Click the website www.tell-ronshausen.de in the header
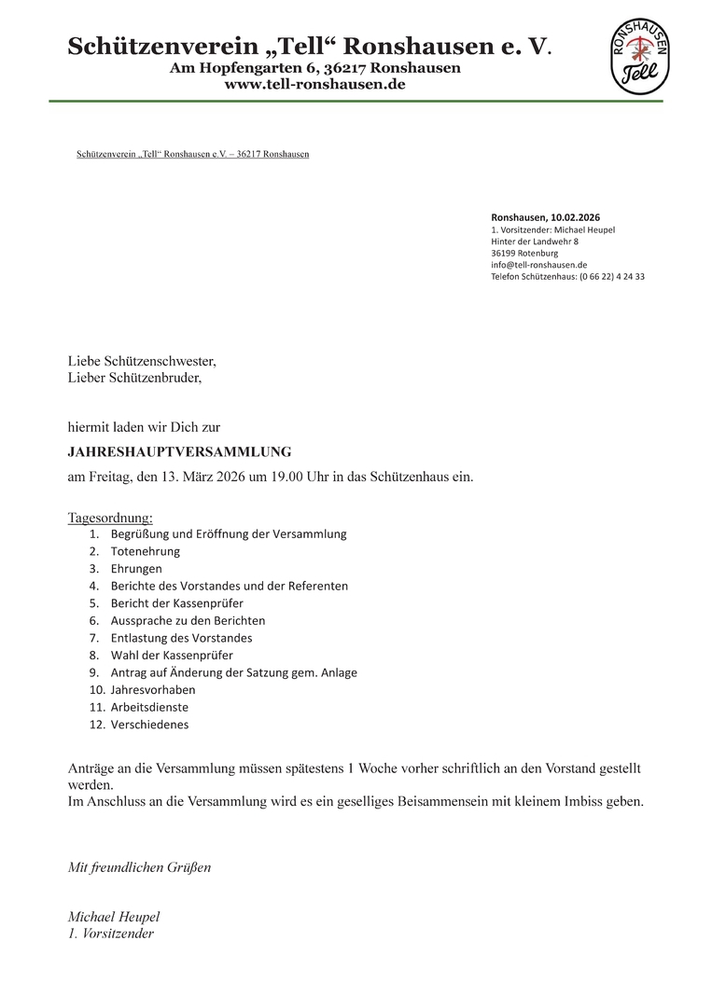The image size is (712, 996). (x=314, y=84)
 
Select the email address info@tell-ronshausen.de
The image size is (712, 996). (x=538, y=265)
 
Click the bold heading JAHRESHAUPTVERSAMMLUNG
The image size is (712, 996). (x=179, y=452)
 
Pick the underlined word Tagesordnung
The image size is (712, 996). (x=110, y=518)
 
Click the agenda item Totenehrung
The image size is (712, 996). (x=145, y=551)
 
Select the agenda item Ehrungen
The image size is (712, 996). (x=136, y=569)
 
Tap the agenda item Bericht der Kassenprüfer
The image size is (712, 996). (x=176, y=603)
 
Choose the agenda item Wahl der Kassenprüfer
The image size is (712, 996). (x=172, y=655)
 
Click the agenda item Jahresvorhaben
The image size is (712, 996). (x=153, y=689)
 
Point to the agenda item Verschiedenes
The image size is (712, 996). (x=149, y=724)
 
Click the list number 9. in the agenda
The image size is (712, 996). (x=94, y=672)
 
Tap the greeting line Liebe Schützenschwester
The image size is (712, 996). (x=147, y=360)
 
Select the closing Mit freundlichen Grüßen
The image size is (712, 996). (x=139, y=867)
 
